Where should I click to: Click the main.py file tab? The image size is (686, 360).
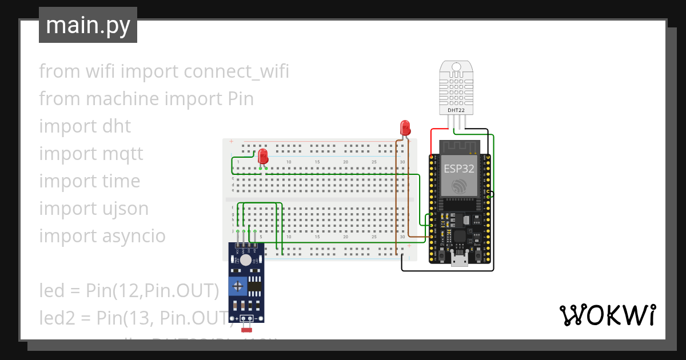coord(87,25)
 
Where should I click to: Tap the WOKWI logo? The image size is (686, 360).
coord(607,315)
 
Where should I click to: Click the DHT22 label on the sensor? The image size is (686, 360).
coord(456,110)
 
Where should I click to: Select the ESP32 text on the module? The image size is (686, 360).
coord(459,169)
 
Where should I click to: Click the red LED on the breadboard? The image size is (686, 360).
coord(263,156)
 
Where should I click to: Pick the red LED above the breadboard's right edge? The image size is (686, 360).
coord(405,127)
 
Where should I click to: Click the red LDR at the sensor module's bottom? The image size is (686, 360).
coord(247,329)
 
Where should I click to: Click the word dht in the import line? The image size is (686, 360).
coord(117,126)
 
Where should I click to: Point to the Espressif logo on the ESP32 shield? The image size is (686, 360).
coord(459,186)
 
